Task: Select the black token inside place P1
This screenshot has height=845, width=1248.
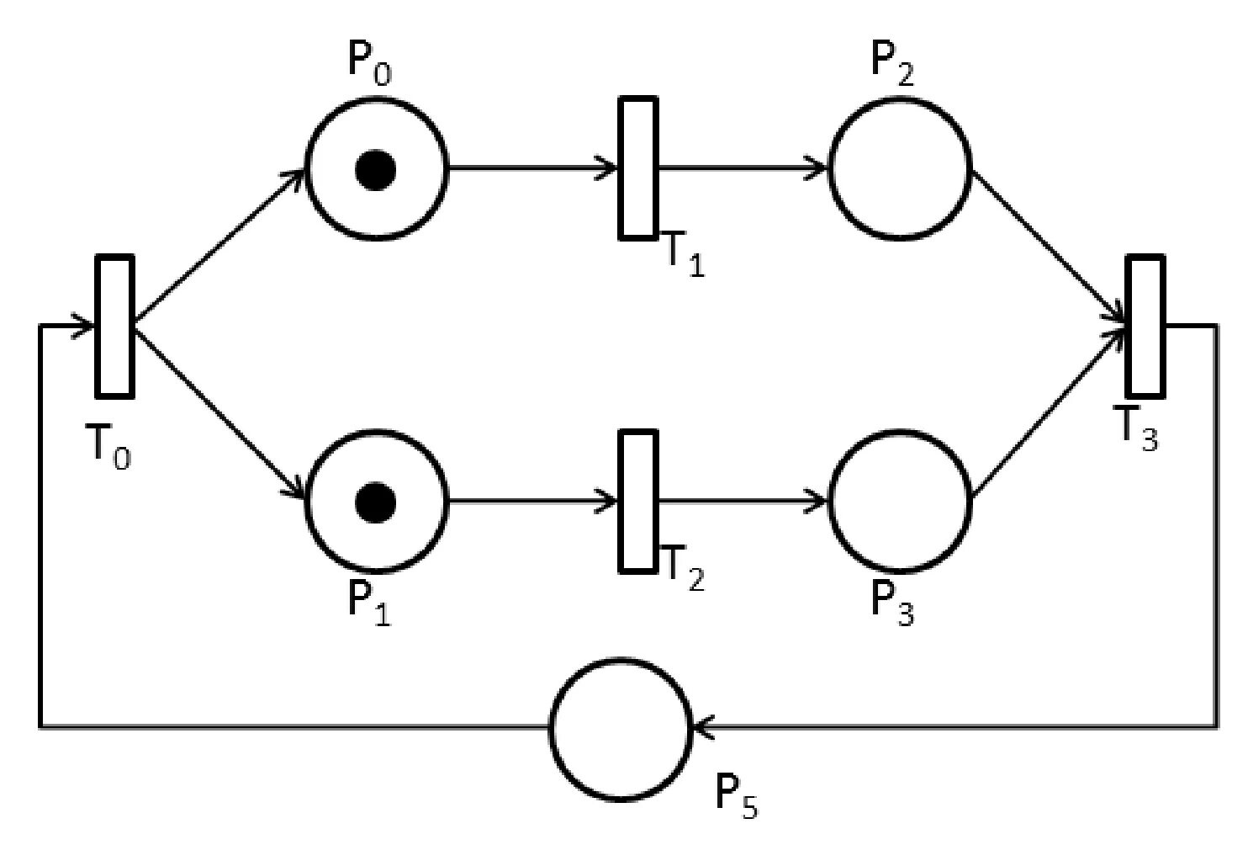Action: click(375, 502)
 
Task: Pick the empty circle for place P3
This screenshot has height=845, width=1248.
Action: click(900, 502)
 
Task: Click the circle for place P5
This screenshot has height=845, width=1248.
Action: click(621, 729)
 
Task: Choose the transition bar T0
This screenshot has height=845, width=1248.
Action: click(114, 326)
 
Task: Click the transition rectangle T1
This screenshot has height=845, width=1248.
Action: click(638, 167)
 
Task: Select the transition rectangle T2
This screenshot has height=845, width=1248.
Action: click(638, 502)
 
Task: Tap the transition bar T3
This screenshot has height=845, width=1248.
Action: click(1145, 326)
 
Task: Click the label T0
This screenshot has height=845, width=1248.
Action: click(109, 446)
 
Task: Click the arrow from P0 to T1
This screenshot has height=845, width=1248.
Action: click(533, 167)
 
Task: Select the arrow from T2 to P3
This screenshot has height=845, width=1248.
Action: click(743, 502)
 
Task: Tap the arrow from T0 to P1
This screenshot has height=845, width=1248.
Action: click(219, 412)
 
